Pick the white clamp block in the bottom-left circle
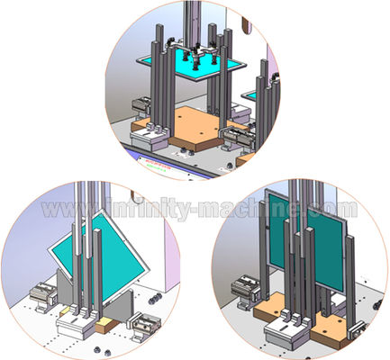click(x=76, y=325)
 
